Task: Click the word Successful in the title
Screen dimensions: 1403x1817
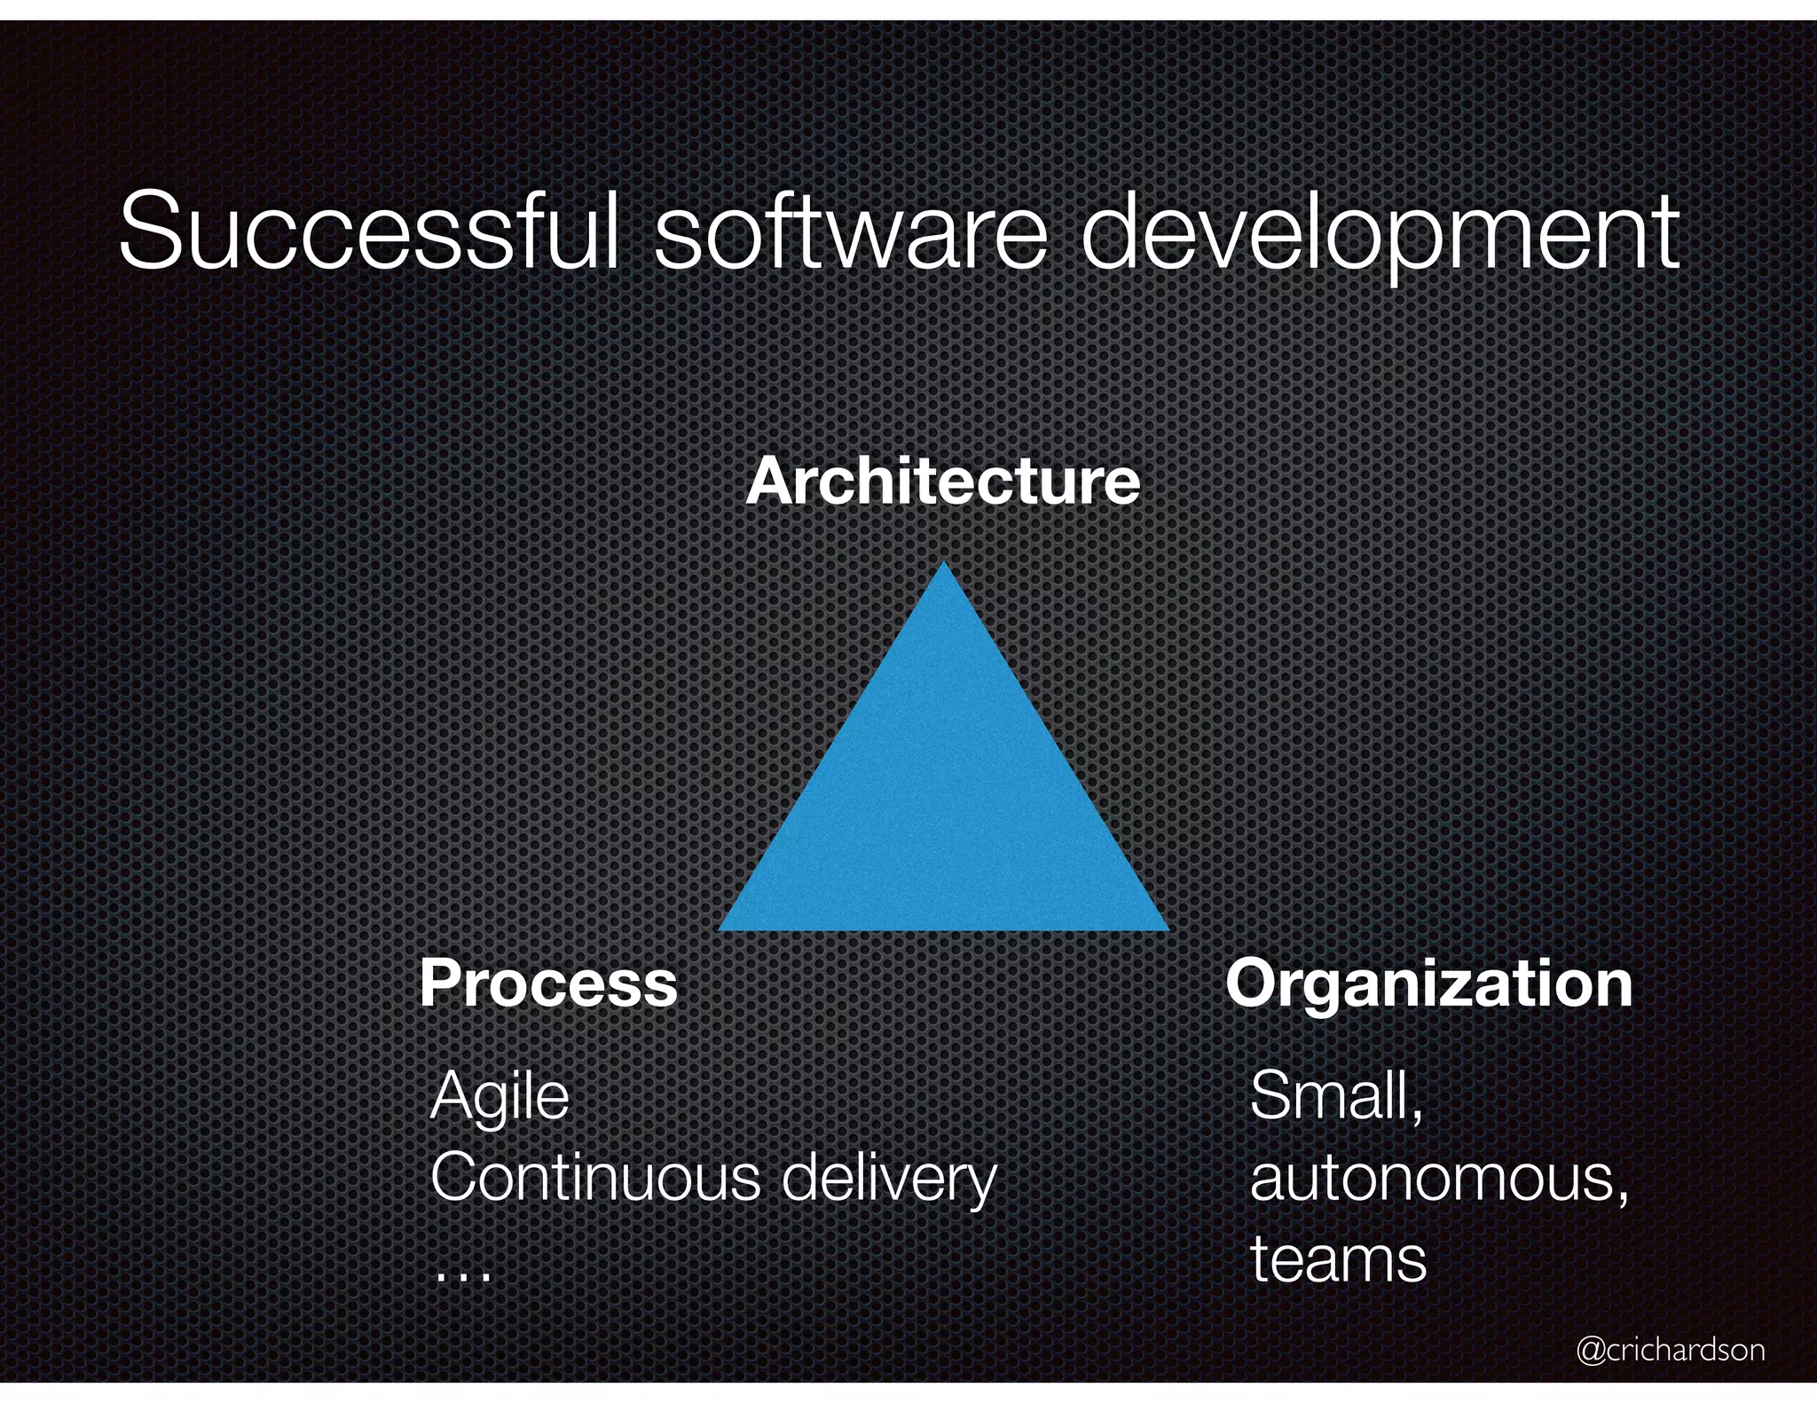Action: pos(368,232)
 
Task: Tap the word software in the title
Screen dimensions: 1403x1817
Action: pos(850,232)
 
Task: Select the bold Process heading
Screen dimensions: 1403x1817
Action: pos(548,984)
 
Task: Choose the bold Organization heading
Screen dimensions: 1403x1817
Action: pos(1428,984)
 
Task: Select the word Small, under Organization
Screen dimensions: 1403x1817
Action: pos(1336,1097)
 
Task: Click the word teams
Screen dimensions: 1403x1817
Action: pos(1338,1259)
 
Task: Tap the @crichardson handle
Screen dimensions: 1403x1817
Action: pos(1670,1349)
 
